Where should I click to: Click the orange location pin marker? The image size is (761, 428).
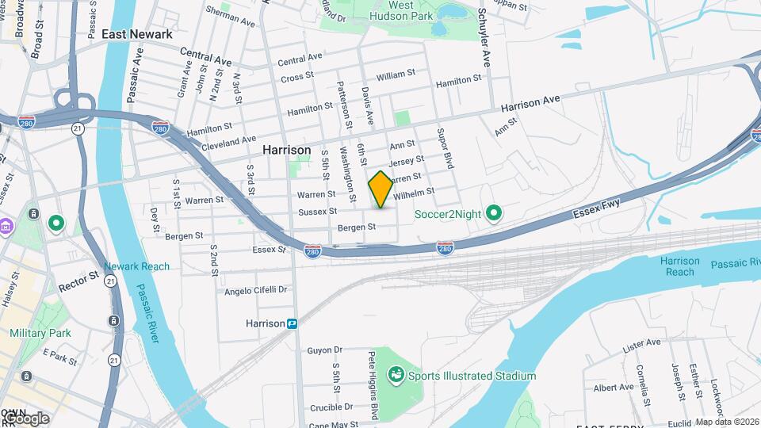[380, 189]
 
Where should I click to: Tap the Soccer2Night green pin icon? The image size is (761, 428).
[494, 213]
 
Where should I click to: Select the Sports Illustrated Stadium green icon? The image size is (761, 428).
[395, 373]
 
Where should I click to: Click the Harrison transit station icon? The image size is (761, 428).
[293, 323]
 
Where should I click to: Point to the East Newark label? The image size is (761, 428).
[137, 34]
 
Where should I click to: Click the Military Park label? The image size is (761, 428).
[40, 333]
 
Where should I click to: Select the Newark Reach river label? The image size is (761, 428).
[136, 266]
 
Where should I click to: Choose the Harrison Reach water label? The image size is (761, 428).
[680, 266]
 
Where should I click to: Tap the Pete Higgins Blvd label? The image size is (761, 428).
[370, 380]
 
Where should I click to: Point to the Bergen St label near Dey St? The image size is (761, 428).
[184, 235]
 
